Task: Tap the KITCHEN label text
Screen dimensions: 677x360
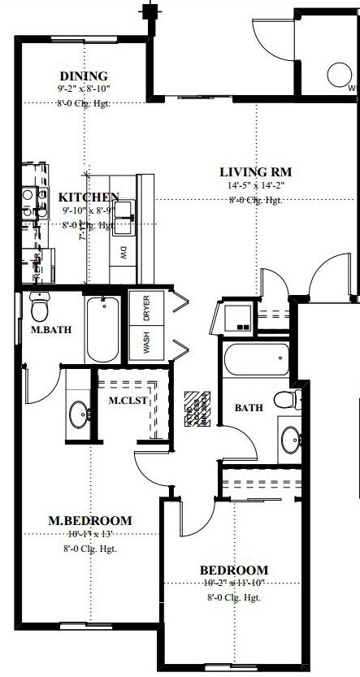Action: coord(89,197)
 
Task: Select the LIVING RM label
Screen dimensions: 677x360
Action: coord(255,171)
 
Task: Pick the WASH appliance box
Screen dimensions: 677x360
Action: coord(147,343)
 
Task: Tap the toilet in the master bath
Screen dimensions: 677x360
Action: coord(39,307)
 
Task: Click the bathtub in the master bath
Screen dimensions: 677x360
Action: coord(102,329)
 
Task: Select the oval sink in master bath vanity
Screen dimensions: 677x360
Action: coord(79,415)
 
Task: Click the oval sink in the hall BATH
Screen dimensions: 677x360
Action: coord(290,440)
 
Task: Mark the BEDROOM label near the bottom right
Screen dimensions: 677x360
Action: coord(234,570)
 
